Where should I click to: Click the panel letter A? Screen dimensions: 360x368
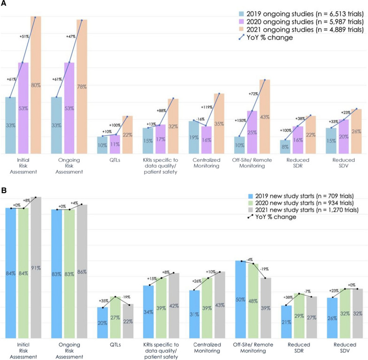(x=3, y=4)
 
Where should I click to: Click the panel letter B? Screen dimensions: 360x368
(x=3, y=191)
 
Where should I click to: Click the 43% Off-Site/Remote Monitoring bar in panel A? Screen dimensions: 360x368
(x=265, y=117)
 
